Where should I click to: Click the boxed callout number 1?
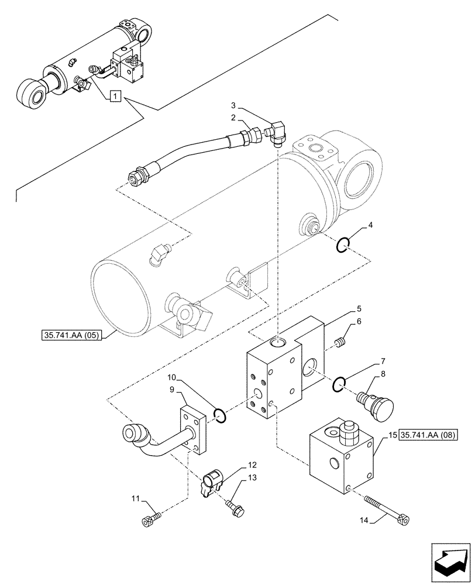115,96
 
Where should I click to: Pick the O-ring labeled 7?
339,384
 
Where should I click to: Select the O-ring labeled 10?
219,415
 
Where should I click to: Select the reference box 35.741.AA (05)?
73,336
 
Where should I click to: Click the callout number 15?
391,435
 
